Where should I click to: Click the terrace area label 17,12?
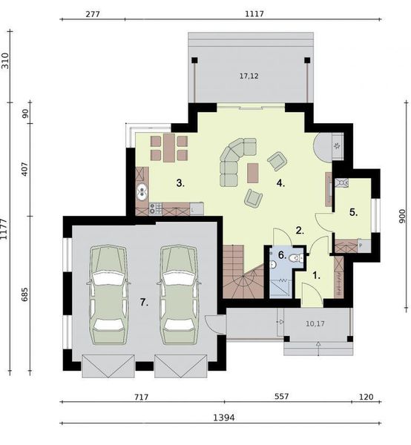[249, 76]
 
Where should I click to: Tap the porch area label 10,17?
[315, 323]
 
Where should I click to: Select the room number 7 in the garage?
[144, 303]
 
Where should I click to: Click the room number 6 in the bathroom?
[282, 255]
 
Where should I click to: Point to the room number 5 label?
[353, 212]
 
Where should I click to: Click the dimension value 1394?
[223, 418]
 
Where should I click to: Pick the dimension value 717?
[142, 397]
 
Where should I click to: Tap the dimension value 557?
[282, 396]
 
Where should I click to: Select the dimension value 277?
[93, 14]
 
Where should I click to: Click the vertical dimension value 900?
[402, 217]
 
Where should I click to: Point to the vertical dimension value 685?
[24, 294]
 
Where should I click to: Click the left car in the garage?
[108, 295]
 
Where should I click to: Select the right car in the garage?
[179, 295]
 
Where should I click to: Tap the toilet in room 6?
[295, 258]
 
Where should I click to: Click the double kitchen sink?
[142, 192]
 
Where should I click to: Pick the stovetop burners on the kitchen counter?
[156, 208]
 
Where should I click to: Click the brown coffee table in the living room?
[253, 173]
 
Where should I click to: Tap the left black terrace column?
[194, 60]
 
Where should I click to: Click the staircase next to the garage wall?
[243, 272]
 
